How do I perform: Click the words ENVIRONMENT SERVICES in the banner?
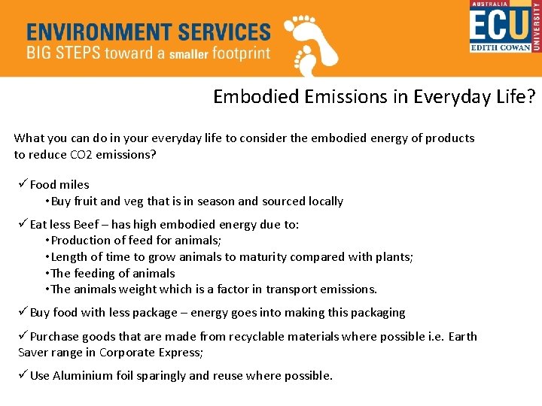[148, 32]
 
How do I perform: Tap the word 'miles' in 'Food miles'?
[75, 185]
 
